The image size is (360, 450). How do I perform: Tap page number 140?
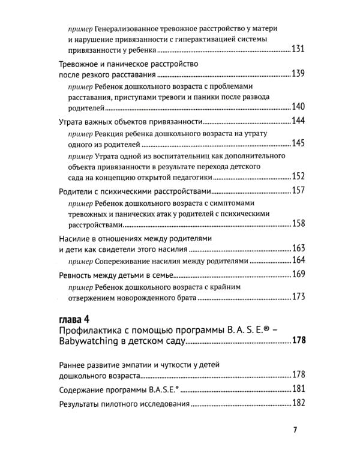tap(298, 107)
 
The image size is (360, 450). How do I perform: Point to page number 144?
tap(298, 121)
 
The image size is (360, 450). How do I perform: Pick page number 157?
tap(298, 191)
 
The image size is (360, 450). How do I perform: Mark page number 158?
tap(298, 224)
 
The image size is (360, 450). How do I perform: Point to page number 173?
tap(298, 298)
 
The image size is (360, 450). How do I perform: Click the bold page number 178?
tap(298, 341)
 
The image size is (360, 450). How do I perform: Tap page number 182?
tap(298, 403)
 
